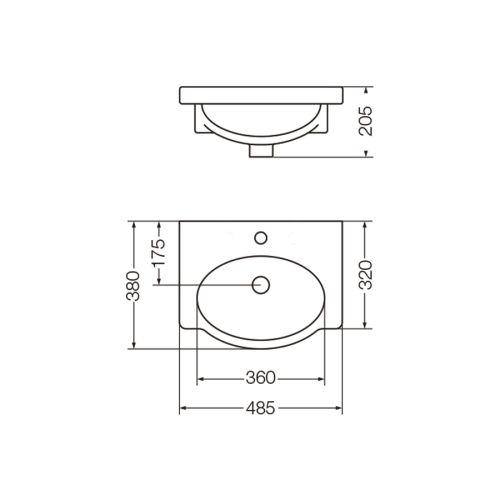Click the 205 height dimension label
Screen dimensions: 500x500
click(x=366, y=121)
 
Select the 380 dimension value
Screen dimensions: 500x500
click(x=133, y=286)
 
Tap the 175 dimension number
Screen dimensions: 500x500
click(x=159, y=251)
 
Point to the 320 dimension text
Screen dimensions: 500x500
click(x=365, y=275)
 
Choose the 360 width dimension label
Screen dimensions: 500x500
click(x=261, y=378)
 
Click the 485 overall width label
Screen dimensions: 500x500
click(x=261, y=407)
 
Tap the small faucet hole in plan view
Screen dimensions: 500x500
click(x=261, y=238)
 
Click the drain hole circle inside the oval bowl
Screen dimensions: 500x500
click(x=261, y=285)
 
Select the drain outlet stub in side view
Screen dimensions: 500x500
click(x=261, y=150)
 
